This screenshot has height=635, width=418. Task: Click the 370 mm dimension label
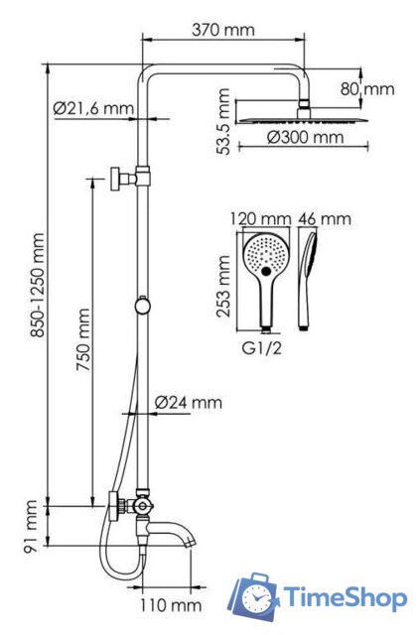point(223,30)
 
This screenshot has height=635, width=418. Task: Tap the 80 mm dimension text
point(367,89)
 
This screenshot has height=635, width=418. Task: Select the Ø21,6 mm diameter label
point(93,108)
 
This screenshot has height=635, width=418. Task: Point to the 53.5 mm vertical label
point(223,121)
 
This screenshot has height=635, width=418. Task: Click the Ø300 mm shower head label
point(305,137)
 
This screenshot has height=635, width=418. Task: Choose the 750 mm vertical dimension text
point(84,340)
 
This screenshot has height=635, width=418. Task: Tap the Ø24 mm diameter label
point(189,403)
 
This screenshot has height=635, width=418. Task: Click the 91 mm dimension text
point(31,527)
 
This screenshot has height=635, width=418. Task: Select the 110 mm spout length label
point(171,606)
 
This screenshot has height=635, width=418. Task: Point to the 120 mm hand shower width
point(261,219)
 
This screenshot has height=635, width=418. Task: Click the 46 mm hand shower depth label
point(325,219)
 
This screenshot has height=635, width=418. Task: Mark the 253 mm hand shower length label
point(223,286)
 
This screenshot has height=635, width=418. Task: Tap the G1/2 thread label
point(261,348)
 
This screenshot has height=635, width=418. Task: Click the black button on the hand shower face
point(266,271)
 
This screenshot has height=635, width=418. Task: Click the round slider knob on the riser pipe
point(143,307)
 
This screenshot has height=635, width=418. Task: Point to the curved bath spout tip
point(191,542)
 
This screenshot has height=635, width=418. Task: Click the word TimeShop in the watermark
point(345,597)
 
